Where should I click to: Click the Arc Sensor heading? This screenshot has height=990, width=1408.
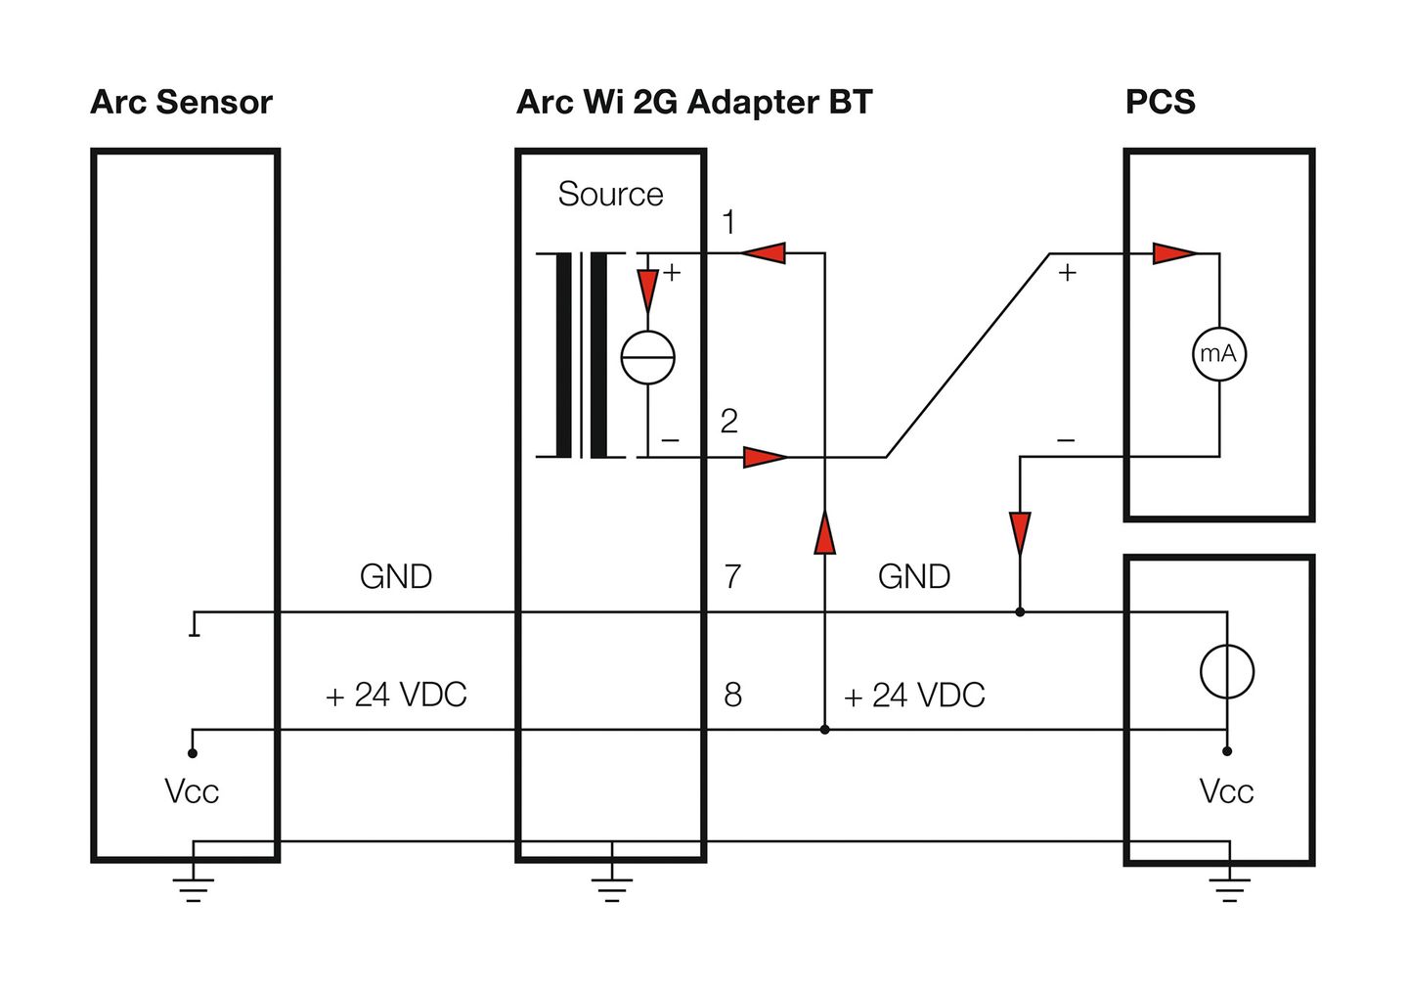181,102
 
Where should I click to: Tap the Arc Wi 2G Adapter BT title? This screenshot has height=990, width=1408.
694,102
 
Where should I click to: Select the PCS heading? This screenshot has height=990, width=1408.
1160,102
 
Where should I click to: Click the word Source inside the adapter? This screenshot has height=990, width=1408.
610,194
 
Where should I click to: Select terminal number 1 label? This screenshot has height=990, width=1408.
728,222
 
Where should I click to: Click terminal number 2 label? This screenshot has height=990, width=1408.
729,421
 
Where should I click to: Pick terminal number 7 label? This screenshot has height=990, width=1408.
733,576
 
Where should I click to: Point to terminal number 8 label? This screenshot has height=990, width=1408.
733,695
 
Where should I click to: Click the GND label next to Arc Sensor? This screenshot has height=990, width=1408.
396,576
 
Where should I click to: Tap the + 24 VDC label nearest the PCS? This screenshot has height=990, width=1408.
914,695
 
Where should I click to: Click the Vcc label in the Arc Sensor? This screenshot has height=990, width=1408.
192,791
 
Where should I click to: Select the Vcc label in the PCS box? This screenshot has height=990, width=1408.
1226,791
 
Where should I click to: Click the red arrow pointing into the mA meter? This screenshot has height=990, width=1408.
1174,253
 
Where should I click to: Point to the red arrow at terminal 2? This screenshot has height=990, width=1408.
765,457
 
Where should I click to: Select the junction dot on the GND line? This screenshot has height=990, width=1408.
1020,612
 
